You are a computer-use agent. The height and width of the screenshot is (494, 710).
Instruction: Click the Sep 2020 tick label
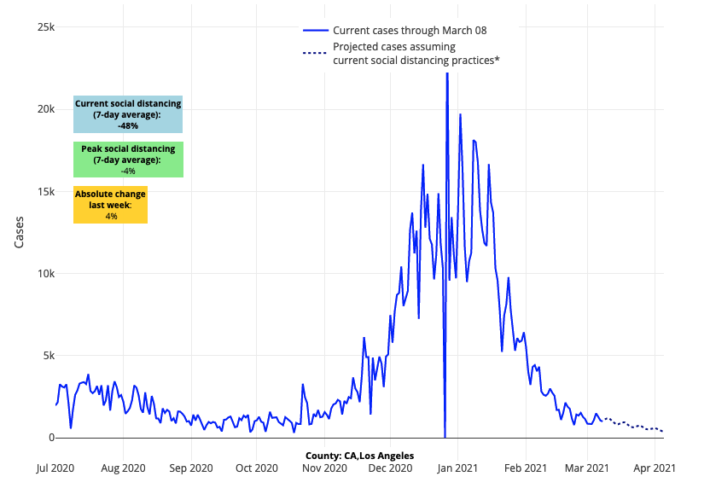pyautogui.click(x=190, y=468)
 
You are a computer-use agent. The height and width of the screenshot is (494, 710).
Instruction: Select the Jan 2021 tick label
pyautogui.click(x=458, y=468)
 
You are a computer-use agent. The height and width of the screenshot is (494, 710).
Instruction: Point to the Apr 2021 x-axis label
pyautogui.click(x=655, y=468)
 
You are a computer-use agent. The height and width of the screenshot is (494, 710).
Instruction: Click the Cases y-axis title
pyautogui.click(x=20, y=231)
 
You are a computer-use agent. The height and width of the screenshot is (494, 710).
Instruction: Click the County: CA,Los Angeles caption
pyautogui.click(x=359, y=456)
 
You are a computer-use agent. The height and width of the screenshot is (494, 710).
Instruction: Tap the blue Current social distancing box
pyautogui.click(x=128, y=114)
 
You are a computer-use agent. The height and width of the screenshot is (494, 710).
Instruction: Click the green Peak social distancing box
pyautogui.click(x=128, y=160)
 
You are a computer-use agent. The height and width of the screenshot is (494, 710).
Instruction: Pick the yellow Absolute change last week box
pyautogui.click(x=110, y=205)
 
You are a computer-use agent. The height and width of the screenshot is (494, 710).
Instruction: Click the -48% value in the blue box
pyautogui.click(x=128, y=125)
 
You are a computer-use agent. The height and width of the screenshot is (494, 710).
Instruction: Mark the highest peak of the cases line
pyautogui.click(x=446, y=75)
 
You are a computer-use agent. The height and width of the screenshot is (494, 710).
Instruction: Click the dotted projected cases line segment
pyautogui.click(x=631, y=425)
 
